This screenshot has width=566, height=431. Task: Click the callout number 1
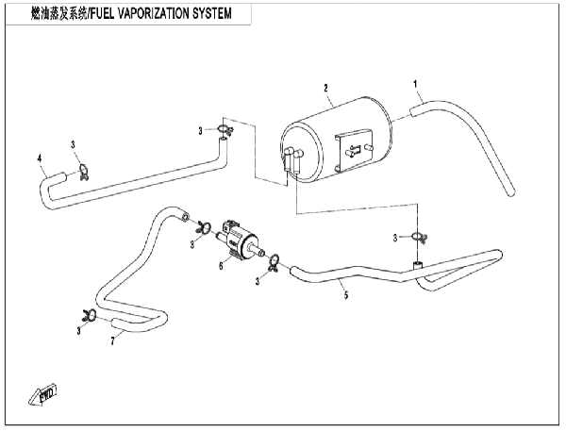415,84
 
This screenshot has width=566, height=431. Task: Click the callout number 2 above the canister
326,88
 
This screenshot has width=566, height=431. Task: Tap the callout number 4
40,158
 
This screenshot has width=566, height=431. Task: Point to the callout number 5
346,295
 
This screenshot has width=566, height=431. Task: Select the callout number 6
221,266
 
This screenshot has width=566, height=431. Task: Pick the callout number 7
112,340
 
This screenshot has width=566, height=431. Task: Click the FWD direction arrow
42,395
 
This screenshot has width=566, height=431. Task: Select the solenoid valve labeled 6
240,240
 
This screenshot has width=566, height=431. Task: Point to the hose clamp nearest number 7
89,315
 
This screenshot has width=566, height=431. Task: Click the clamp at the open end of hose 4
84,172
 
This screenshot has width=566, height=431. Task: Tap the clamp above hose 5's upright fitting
419,237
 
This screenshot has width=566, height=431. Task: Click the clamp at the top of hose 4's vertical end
225,129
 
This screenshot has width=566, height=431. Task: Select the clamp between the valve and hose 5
275,262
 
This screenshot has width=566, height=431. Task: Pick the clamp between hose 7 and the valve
204,227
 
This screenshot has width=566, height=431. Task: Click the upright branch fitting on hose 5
418,265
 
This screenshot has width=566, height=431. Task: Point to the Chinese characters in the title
58,14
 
